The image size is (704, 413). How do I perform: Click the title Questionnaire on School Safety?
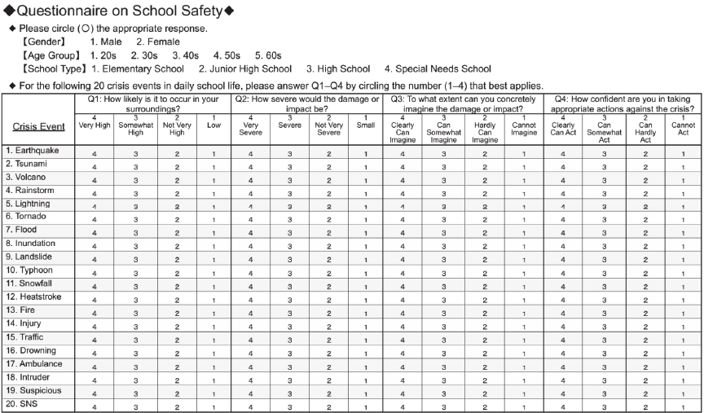[x=119, y=11]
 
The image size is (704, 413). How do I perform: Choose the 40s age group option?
[x=186, y=55]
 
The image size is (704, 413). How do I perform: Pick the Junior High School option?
[x=245, y=69]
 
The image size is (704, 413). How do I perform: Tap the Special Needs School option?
[x=438, y=69]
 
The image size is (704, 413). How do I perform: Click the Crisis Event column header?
[x=39, y=126]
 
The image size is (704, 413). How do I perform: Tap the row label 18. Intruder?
[x=30, y=377]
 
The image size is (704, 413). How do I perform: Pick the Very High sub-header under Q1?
[x=95, y=125]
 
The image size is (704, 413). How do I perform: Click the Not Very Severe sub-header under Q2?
[x=328, y=129]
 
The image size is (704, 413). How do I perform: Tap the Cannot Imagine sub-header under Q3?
[x=524, y=129]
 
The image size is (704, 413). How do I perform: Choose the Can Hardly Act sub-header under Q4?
[x=645, y=129]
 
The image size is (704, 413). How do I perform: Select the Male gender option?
[x=106, y=42]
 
